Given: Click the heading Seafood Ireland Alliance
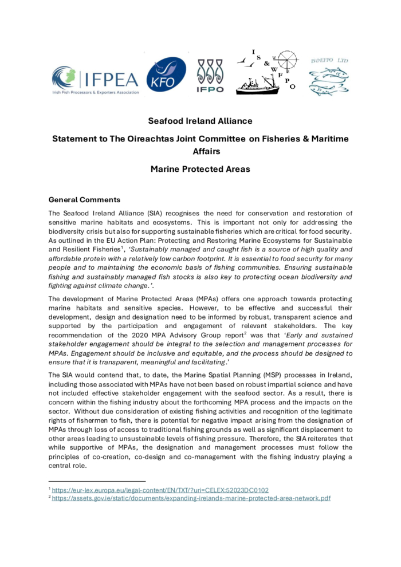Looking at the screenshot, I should (200, 121).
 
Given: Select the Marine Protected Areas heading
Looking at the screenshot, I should (200, 170).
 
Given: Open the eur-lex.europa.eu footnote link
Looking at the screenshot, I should (160, 490).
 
